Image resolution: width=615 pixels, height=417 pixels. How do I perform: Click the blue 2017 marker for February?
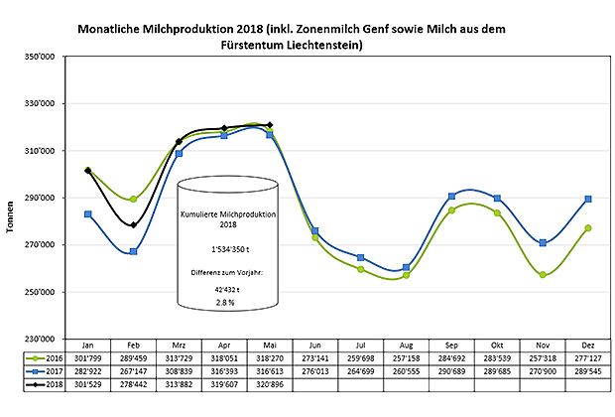click(133, 251)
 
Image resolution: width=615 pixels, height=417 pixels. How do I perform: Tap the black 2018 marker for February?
click(133, 225)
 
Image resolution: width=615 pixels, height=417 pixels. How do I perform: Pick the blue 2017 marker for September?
click(451, 196)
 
